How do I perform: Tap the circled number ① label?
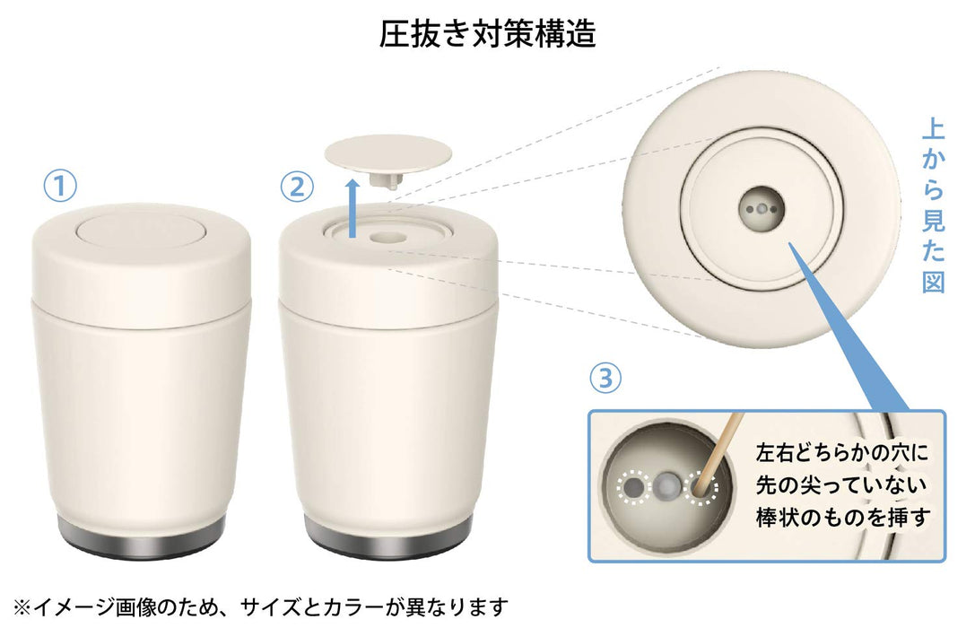coord(61,187)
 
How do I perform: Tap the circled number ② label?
coord(298,187)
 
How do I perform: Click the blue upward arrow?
coord(354,205)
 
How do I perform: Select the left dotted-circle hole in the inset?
coord(634,487)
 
